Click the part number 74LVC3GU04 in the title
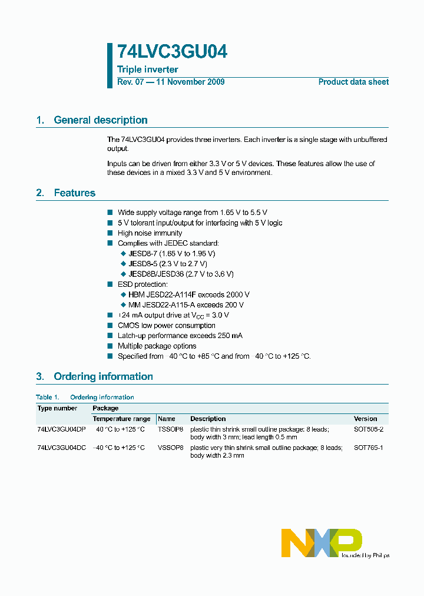tap(172, 52)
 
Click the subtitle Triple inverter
tap(147, 69)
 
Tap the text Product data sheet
tap(353, 82)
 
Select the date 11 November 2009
tap(190, 82)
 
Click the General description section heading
tap(100, 120)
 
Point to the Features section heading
tap(74, 193)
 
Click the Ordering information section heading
tap(103, 376)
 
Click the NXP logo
tap(321, 542)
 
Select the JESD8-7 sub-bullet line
tap(171, 253)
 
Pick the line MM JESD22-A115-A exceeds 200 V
tap(185, 304)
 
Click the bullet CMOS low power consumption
tap(166, 325)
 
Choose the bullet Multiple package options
tap(157, 346)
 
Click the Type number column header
tap(57, 408)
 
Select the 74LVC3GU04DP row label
tap(61, 429)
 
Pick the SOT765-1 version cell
tap(368, 448)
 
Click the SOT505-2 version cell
tap(368, 429)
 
